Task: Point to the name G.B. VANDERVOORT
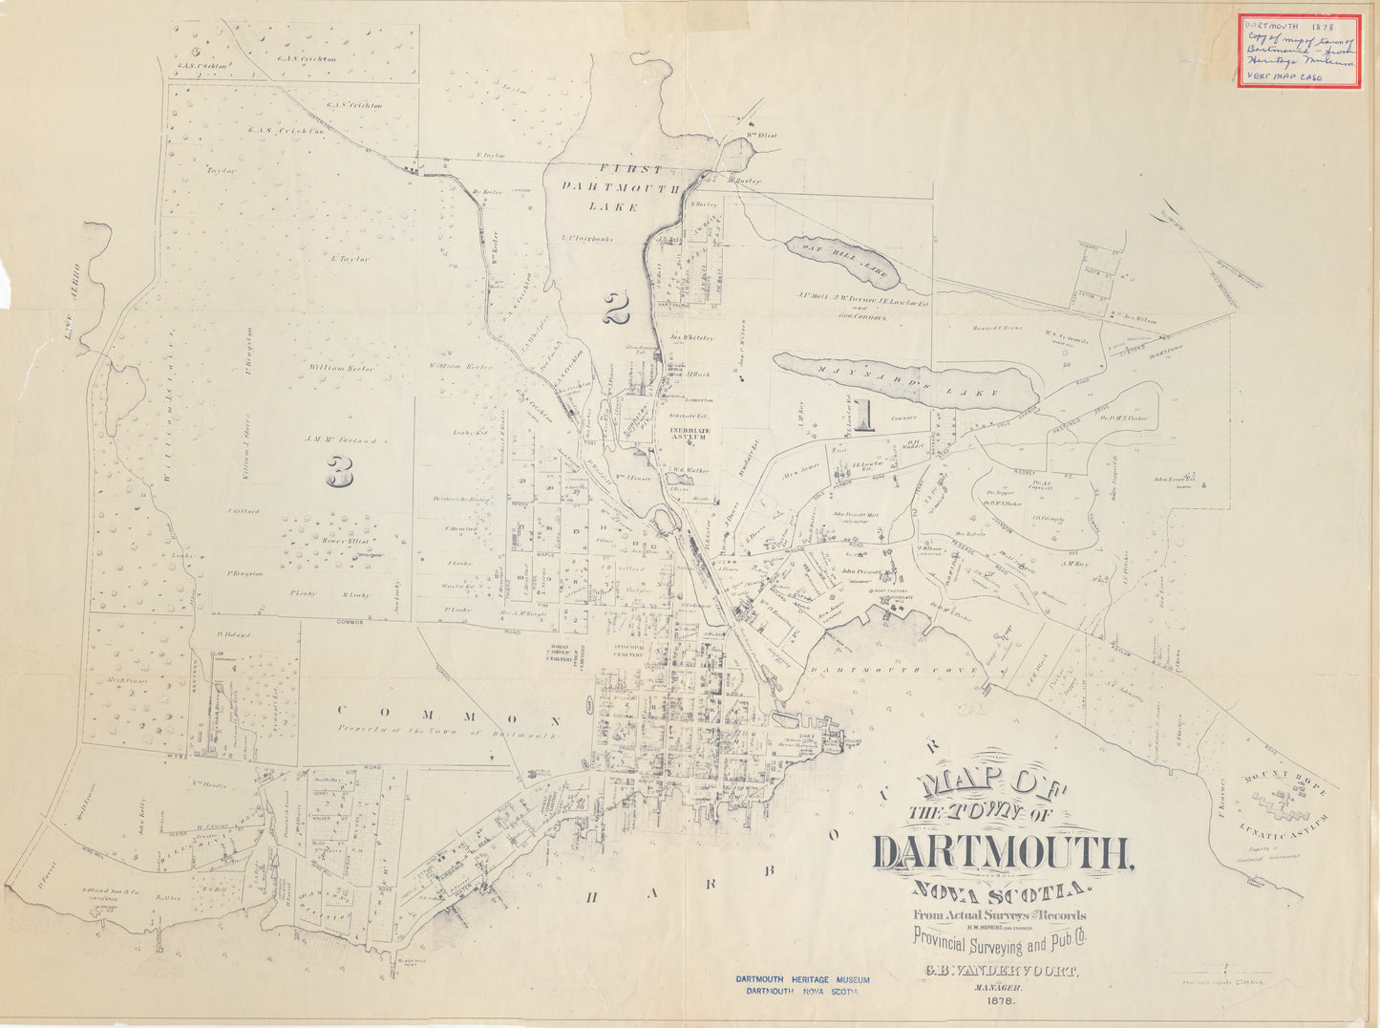1000,972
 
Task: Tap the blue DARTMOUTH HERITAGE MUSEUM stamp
802,985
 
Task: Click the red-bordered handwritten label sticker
1299,51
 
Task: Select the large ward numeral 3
339,470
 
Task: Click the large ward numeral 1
865,416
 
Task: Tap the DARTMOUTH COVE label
894,671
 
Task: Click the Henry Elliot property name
327,542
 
